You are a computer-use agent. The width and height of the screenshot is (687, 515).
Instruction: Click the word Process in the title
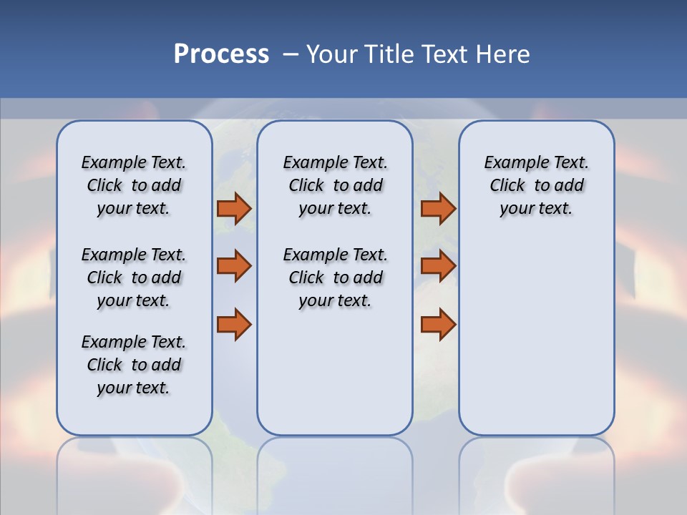(221, 54)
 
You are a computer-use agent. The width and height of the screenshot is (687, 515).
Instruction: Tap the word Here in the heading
(502, 54)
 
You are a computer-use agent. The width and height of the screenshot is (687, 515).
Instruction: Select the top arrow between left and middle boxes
(234, 208)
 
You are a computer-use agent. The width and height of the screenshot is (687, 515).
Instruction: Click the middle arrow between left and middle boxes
(234, 266)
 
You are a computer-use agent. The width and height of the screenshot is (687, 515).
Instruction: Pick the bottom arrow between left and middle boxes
(234, 324)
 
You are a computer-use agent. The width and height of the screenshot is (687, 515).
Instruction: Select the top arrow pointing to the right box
(438, 208)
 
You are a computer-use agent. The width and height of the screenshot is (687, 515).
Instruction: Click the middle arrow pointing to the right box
(438, 266)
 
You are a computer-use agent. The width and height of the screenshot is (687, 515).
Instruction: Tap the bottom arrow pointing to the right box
(438, 324)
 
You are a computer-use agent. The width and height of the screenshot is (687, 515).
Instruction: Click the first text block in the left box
(134, 185)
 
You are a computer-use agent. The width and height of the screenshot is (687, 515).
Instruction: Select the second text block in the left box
(134, 278)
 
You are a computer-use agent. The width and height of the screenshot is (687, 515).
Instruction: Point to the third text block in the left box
(134, 365)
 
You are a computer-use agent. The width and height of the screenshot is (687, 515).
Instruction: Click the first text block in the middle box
(335, 185)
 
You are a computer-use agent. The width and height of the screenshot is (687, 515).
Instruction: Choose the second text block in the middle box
(335, 278)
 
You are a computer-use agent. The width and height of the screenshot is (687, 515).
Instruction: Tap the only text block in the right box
(536, 185)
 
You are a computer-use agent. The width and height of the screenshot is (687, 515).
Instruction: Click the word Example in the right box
(510, 162)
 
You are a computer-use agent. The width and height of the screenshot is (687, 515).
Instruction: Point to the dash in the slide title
(290, 54)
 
